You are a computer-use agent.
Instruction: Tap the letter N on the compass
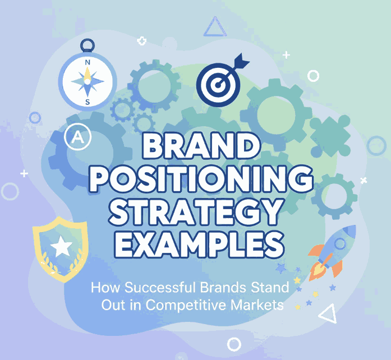(x=88, y=63)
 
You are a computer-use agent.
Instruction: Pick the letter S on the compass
(x=88, y=101)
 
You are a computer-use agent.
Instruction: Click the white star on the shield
(x=61, y=246)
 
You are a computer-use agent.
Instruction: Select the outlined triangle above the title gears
(x=214, y=27)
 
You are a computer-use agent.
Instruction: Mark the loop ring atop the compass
(x=88, y=45)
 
